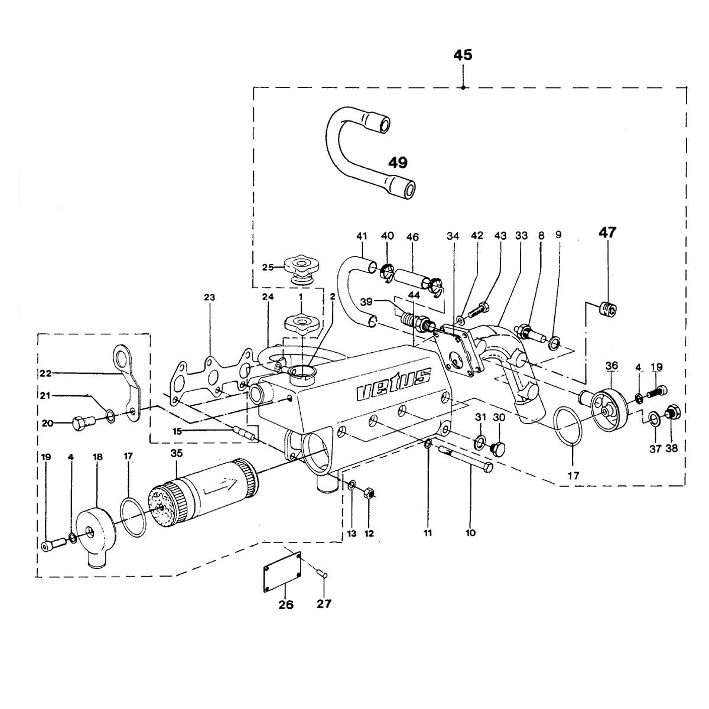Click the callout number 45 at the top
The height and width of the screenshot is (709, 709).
click(x=463, y=55)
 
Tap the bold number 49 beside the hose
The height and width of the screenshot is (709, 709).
click(x=398, y=162)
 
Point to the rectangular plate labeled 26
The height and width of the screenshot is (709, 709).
click(x=282, y=571)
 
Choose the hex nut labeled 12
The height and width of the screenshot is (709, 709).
click(x=369, y=492)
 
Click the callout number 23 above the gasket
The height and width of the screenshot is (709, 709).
click(x=209, y=297)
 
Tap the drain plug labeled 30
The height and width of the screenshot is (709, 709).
click(x=498, y=447)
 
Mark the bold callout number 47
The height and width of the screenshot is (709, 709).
click(x=607, y=233)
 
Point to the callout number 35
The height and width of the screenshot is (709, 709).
click(x=176, y=453)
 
